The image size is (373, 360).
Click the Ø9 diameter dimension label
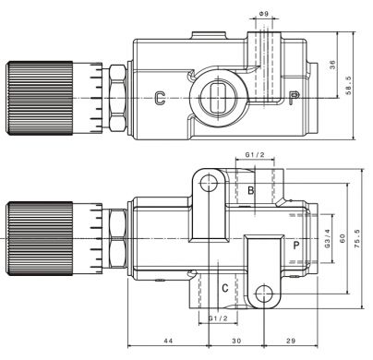[x=264, y=14]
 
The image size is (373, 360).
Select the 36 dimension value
[x=332, y=65]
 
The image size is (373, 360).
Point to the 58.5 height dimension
[x=348, y=86]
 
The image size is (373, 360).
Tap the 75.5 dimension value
[x=357, y=239]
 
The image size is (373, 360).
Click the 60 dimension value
[x=343, y=238]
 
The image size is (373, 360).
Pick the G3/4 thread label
[x=327, y=238]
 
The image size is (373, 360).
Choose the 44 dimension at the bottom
[x=168, y=341]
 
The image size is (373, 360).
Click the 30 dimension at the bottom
[x=236, y=341]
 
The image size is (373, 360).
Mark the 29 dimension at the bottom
[x=291, y=341]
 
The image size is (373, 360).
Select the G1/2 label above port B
[x=255, y=154]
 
